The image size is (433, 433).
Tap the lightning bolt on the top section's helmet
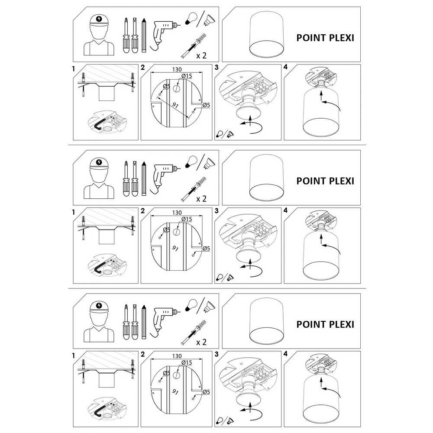99,19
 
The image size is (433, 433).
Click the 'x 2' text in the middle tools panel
201,199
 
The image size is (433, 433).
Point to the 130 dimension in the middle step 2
177,213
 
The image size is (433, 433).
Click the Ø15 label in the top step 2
187,76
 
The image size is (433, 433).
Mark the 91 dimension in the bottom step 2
175,391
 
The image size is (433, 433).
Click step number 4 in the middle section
285,210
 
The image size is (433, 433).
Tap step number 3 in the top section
216,67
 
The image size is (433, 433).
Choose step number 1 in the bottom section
74,355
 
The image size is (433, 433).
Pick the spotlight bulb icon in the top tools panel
209,19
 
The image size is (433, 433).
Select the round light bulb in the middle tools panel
191,161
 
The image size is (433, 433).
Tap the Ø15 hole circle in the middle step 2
177,232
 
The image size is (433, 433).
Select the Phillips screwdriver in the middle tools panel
126,179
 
